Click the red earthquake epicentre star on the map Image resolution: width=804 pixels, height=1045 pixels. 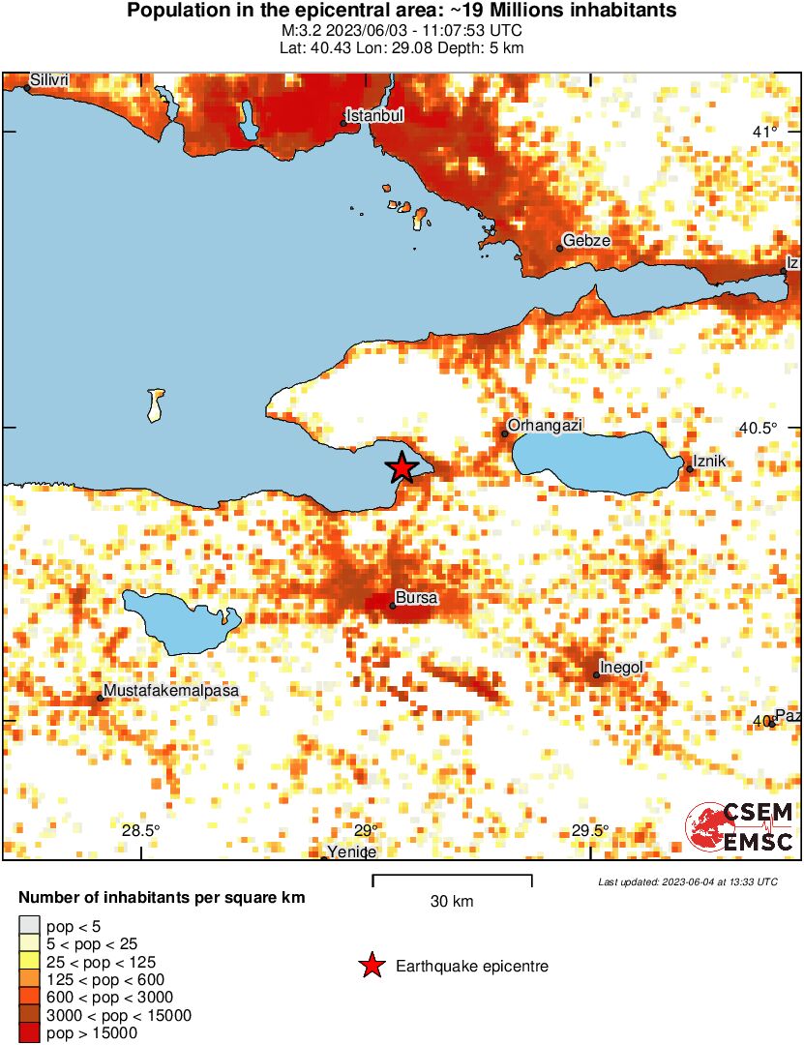point(402,467)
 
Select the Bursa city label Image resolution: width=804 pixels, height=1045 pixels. point(417,599)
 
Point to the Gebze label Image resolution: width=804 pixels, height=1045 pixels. point(586,241)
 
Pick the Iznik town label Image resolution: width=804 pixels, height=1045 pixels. point(709,463)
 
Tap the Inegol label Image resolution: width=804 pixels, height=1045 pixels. point(621,667)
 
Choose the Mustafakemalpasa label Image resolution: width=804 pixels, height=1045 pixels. point(170,691)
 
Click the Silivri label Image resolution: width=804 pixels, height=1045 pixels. point(49,80)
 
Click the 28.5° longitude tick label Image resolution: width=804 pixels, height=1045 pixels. point(141,830)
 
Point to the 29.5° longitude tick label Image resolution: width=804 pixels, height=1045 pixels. point(589,830)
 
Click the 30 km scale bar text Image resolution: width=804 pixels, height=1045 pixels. point(452,902)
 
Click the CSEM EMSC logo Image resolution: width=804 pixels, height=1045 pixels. point(740,827)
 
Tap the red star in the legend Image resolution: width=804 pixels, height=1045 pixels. point(371,966)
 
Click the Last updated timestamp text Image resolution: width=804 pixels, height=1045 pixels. point(688,881)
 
